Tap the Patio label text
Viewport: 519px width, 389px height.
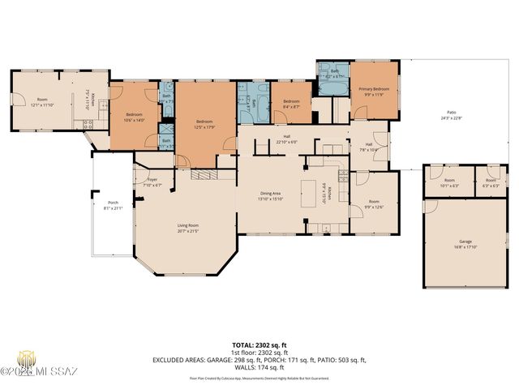pyautogui.click(x=451, y=114)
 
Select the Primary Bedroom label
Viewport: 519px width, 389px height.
pyautogui.click(x=374, y=90)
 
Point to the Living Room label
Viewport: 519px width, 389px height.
pyautogui.click(x=188, y=228)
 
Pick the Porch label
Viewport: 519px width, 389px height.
pyautogui.click(x=114, y=205)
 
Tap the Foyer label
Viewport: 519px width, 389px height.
pyautogui.click(x=152, y=182)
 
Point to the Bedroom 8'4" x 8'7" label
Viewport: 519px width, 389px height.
pyautogui.click(x=291, y=104)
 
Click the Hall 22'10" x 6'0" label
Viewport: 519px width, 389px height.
pyautogui.click(x=287, y=139)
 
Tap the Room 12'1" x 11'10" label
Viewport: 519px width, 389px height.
pyautogui.click(x=41, y=103)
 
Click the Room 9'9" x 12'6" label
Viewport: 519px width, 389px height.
pyautogui.click(x=373, y=203)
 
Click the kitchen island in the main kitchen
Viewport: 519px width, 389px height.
pyautogui.click(x=308, y=191)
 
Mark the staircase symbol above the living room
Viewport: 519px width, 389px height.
pyautogui.click(x=204, y=174)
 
